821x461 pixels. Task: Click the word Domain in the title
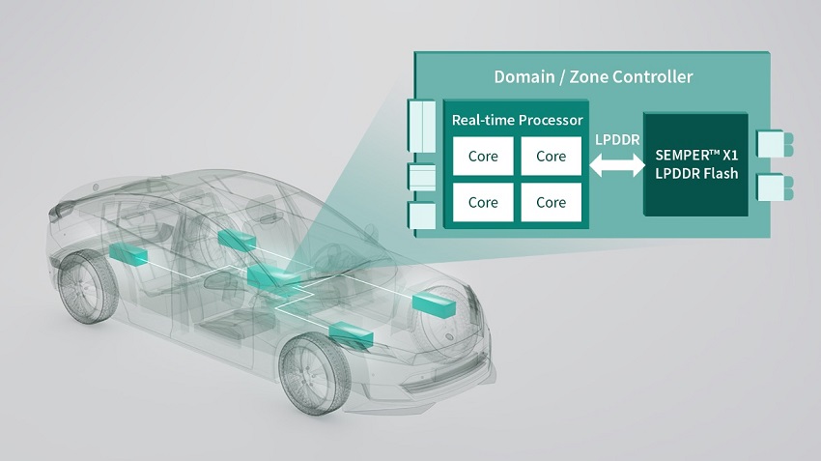524,77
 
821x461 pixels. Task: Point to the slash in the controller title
562,77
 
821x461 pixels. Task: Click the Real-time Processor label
518,120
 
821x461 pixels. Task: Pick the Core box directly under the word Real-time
483,157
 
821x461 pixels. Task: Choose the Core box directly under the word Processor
551,157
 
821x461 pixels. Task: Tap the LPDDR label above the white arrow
617,140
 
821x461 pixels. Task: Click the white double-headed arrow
617,165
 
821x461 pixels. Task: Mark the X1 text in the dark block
729,155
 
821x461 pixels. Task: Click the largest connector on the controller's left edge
421,126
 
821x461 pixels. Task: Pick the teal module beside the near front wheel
351,334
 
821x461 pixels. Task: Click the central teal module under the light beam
273,276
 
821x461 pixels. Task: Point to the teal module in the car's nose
434,305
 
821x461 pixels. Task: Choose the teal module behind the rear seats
238,240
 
